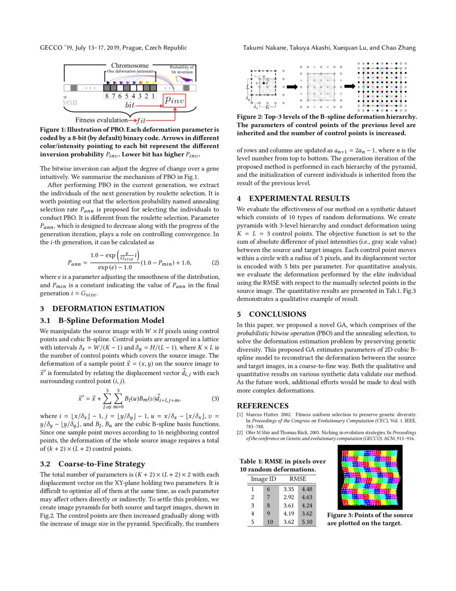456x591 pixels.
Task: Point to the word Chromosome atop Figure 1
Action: [x=130, y=66]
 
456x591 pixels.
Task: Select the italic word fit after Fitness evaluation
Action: [x=142, y=120]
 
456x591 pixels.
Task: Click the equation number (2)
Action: [x=216, y=263]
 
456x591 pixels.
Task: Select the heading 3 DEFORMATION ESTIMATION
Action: [x=102, y=308]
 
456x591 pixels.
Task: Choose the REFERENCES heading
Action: [x=262, y=406]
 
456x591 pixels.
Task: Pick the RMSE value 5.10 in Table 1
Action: [x=307, y=521]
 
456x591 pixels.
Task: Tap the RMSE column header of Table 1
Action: [x=298, y=478]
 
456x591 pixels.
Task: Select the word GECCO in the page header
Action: [x=53, y=48]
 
